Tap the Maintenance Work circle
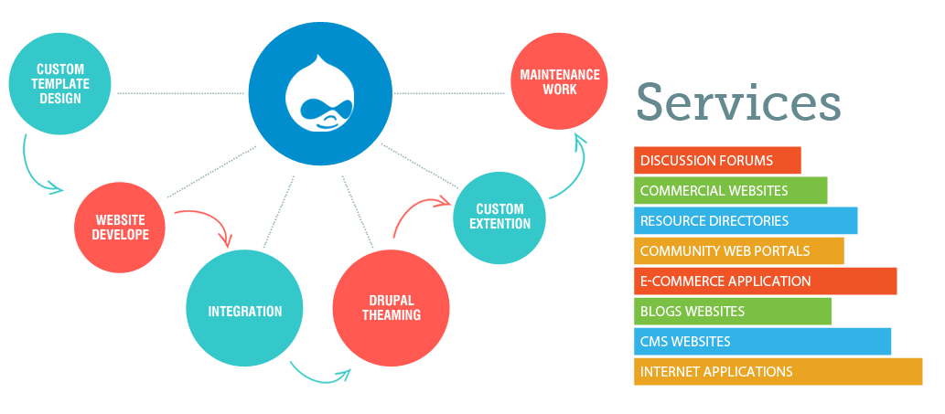pyautogui.click(x=559, y=81)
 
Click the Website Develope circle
pyautogui.click(x=121, y=228)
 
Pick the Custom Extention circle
pyautogui.click(x=499, y=217)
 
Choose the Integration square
pyautogui.click(x=244, y=311)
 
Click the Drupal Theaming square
pyautogui.click(x=391, y=308)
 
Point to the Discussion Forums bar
pyautogui.click(x=717, y=161)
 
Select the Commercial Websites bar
pyautogui.click(x=730, y=191)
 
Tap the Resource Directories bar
pyautogui.click(x=746, y=221)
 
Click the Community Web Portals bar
pyautogui.click(x=738, y=251)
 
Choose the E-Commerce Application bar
pyautogui.click(x=765, y=281)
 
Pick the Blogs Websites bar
pyautogui.click(x=732, y=312)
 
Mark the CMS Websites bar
pyautogui.click(x=762, y=342)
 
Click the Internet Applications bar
pyautogui.click(x=778, y=372)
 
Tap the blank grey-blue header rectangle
pyautogui.click(x=738, y=101)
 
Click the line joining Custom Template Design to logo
pyautogui.click(x=180, y=93)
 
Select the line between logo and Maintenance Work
pyautogui.click(x=451, y=92)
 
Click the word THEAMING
pyautogui.click(x=392, y=315)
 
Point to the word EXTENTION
pyautogui.click(x=499, y=224)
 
